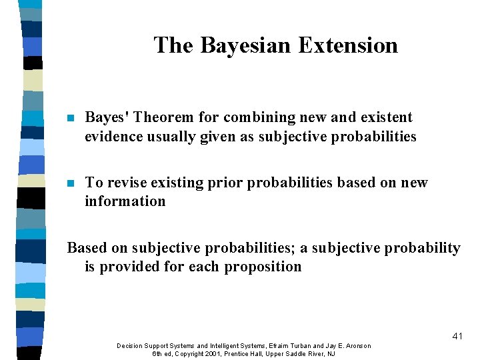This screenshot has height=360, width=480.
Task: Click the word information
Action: [125, 201]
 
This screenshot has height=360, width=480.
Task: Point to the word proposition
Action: [263, 267]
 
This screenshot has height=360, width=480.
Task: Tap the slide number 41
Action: [457, 336]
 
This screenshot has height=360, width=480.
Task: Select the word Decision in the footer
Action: [131, 345]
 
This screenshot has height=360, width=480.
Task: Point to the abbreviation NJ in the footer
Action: [331, 353]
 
